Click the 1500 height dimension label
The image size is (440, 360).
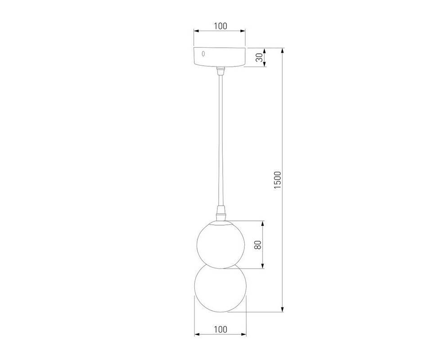pyautogui.click(x=277, y=180)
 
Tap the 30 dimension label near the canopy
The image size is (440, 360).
pyautogui.click(x=260, y=58)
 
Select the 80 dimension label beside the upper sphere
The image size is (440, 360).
pyautogui.click(x=258, y=245)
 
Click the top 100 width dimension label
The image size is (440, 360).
pyautogui.click(x=220, y=26)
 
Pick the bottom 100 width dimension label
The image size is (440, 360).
pyautogui.click(x=220, y=329)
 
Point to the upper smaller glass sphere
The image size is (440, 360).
pyautogui.click(x=220, y=244)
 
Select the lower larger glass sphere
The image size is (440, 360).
pyautogui.click(x=220, y=288)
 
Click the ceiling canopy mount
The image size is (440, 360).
pyautogui.click(x=220, y=57)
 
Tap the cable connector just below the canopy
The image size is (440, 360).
pyautogui.click(x=220, y=71)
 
